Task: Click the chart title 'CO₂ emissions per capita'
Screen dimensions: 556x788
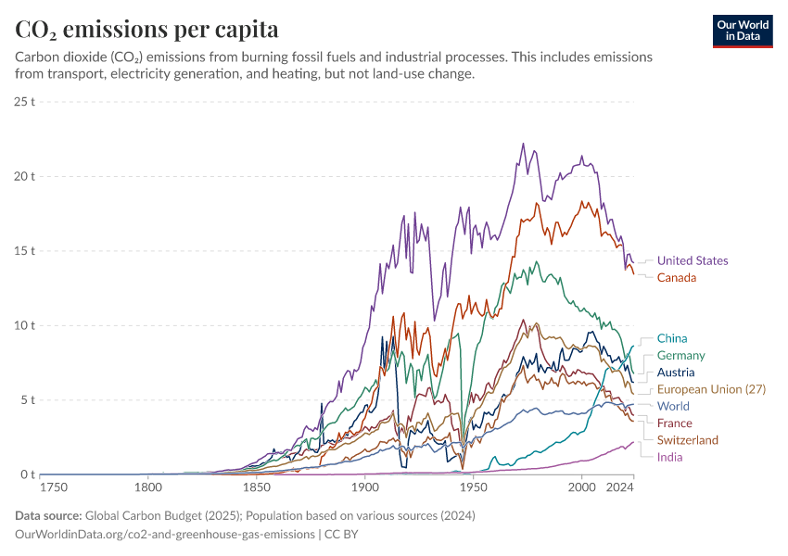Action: (147, 30)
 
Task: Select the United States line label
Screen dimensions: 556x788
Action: (693, 261)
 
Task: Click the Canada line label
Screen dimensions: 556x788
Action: (677, 278)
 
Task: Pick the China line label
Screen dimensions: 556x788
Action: (672, 339)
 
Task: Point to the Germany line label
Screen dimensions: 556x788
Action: (681, 356)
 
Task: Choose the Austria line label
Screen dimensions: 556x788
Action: (676, 373)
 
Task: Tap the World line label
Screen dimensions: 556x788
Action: (673, 406)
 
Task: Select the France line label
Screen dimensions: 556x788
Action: (675, 423)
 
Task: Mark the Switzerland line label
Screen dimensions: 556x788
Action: (688, 440)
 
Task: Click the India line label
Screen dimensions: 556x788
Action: (670, 457)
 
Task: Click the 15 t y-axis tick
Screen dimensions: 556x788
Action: (25, 250)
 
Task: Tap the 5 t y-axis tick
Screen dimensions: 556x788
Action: (28, 400)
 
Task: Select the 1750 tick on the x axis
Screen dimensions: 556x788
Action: (54, 486)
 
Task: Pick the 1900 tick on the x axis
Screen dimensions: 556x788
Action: (364, 486)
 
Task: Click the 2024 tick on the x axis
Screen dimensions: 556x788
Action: (620, 486)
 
